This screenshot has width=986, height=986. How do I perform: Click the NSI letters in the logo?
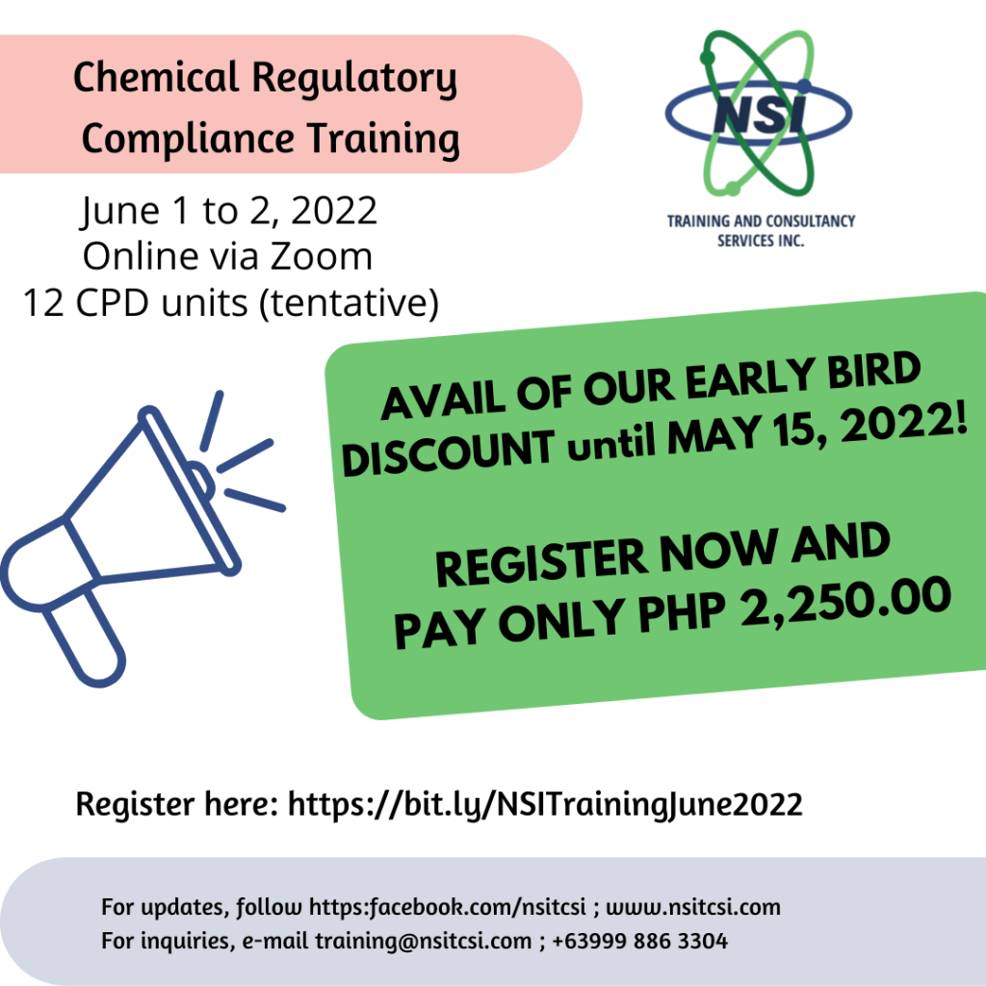(760, 115)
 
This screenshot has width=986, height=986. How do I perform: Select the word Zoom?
(322, 256)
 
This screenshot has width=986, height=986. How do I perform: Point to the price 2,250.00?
(845, 603)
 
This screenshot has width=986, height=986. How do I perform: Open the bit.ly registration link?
(545, 805)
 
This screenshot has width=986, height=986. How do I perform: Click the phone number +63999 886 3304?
(640, 941)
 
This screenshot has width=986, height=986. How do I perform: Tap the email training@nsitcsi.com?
(424, 942)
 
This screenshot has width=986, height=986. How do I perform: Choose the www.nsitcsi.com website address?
(693, 907)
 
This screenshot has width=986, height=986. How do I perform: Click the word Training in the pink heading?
(383, 139)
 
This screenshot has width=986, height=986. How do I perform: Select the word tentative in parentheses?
(349, 302)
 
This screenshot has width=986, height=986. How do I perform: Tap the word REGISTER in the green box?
(541, 560)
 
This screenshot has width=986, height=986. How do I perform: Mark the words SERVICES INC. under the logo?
(761, 241)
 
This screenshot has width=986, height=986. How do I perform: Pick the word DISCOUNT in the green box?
(449, 453)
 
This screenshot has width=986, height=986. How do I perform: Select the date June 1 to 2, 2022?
(229, 210)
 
